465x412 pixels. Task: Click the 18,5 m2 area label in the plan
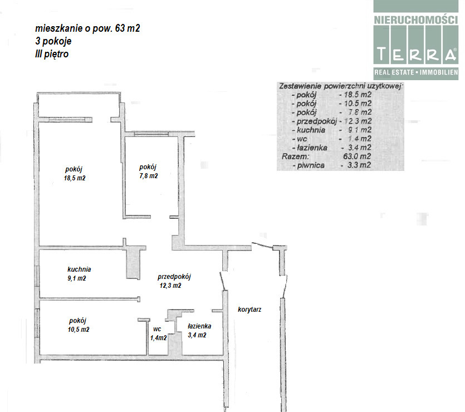[x=75, y=178]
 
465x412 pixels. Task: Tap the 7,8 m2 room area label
[x=149, y=176]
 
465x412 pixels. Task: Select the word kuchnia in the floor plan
[x=79, y=269]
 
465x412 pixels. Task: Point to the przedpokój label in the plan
[x=174, y=277]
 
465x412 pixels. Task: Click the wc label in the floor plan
[x=157, y=329]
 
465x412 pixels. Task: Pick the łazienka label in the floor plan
[x=199, y=326]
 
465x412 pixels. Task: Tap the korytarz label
[x=249, y=310]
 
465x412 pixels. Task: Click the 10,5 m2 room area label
[x=79, y=330]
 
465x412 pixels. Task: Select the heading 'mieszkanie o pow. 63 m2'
[x=87, y=28]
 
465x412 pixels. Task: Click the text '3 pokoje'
[x=53, y=41]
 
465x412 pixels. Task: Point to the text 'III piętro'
[x=52, y=54]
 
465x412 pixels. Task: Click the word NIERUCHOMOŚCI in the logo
[x=416, y=20]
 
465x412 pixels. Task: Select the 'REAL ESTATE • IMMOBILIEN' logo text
[x=416, y=72]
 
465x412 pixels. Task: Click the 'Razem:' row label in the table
[x=295, y=156]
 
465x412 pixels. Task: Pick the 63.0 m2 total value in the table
[x=357, y=156]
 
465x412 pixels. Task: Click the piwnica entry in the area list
[x=311, y=165]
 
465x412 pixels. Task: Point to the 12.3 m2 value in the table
[x=358, y=121]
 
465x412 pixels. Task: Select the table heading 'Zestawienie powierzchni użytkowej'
[x=340, y=86]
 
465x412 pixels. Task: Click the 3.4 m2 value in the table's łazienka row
[x=359, y=148]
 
